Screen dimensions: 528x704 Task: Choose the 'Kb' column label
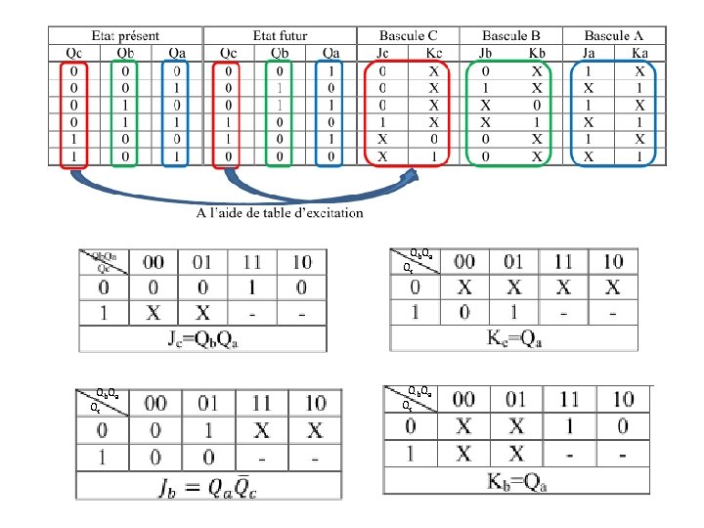tap(537, 52)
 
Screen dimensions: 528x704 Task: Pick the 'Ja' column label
tap(589, 52)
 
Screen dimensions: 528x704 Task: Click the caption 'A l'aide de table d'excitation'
tap(280, 212)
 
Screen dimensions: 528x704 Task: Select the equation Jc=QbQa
tap(202, 339)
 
